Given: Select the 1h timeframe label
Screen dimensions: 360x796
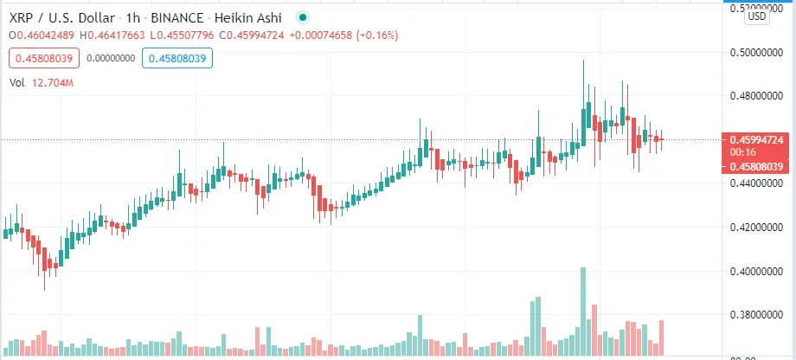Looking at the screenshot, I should point(136,16).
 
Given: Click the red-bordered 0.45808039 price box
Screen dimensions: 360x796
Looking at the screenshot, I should point(43,59).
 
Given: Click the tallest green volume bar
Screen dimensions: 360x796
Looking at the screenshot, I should point(583,312).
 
